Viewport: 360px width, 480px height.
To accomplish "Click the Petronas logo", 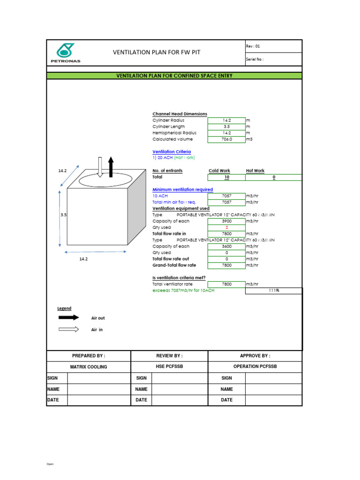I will [65, 53].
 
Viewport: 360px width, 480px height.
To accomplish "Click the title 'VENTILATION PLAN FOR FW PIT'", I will [157, 52].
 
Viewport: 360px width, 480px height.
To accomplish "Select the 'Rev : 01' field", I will [273, 46].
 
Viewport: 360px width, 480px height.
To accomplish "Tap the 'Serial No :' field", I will [273, 60].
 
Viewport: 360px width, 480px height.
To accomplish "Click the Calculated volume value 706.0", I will [226, 139].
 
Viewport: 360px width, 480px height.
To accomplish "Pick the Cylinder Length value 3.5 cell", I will [226, 127].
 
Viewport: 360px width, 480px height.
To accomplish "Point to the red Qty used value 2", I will [226, 227].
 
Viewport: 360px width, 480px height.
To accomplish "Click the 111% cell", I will [274, 291].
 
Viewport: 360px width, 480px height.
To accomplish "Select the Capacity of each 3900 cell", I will [226, 221].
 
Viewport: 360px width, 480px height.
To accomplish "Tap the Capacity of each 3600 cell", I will [226, 246].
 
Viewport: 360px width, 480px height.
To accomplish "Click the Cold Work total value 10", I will [226, 177].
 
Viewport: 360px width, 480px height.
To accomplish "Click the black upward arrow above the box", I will [111, 167].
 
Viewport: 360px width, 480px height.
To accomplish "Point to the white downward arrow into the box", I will [100, 167].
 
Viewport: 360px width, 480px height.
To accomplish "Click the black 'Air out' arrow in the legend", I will [68, 318].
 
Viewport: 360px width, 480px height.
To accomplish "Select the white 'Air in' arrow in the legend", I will [68, 330].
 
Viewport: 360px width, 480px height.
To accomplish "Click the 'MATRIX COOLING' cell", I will [89, 367].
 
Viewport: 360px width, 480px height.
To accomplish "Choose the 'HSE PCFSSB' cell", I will [169, 367].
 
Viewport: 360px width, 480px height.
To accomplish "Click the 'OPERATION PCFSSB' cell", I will [255, 367].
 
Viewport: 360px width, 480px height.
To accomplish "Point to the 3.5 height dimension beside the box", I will [63, 215].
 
